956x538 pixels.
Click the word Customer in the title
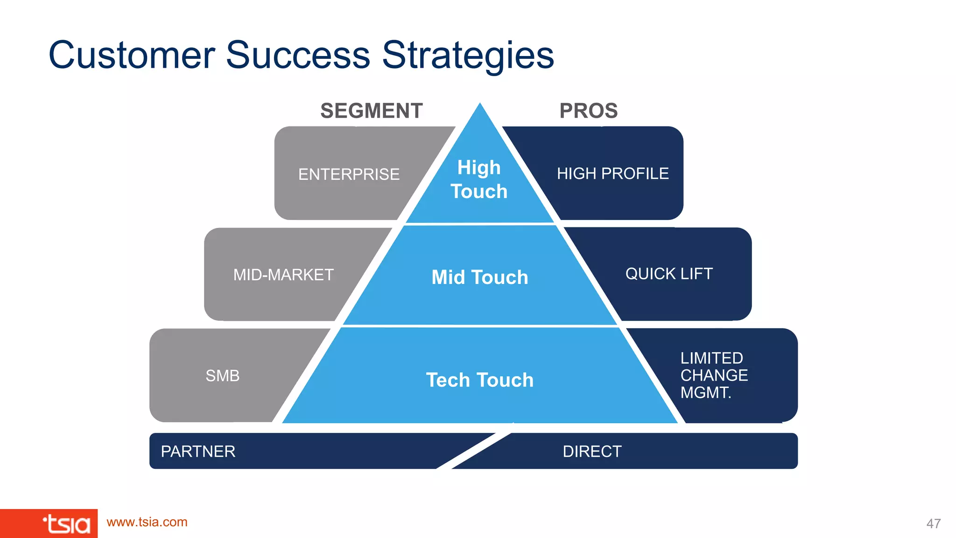[132, 55]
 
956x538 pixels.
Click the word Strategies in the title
[468, 56]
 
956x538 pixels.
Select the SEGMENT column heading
[371, 111]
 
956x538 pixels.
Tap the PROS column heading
[588, 111]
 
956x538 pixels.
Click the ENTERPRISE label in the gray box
[349, 174]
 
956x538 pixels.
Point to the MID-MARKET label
[283, 275]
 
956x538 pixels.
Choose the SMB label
[222, 375]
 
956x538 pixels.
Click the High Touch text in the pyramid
[479, 179]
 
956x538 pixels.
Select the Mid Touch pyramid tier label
[480, 277]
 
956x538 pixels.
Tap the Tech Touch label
[480, 380]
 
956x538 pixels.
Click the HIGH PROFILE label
[612, 174]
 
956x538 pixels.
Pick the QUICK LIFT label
[669, 274]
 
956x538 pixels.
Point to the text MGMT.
[705, 393]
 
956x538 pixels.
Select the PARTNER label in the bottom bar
[198, 452]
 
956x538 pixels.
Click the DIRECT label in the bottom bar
[592, 452]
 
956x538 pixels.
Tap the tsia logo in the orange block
[66, 524]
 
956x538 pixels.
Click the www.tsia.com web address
[147, 522]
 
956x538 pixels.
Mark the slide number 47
[933, 524]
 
